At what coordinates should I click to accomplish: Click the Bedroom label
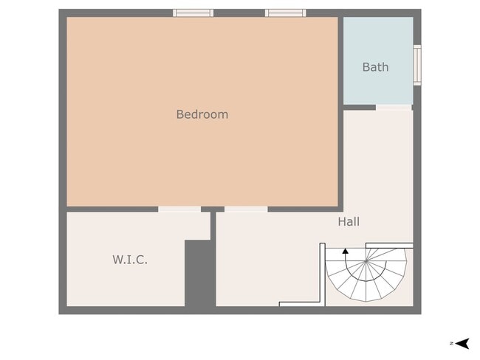(x=202, y=114)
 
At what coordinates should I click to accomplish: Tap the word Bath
(x=375, y=67)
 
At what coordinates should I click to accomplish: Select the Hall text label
(x=349, y=221)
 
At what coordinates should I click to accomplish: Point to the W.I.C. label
(x=130, y=260)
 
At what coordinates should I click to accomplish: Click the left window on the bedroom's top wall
(x=193, y=13)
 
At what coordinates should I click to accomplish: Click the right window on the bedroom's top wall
(x=285, y=13)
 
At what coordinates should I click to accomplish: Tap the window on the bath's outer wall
(x=416, y=65)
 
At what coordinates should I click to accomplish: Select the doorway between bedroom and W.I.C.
(x=179, y=210)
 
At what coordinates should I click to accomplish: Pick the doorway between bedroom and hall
(x=246, y=210)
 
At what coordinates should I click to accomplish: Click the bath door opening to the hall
(x=393, y=108)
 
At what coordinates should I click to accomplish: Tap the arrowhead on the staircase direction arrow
(x=345, y=252)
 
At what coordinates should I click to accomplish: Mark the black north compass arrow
(x=463, y=343)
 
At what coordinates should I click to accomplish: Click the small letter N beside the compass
(x=450, y=343)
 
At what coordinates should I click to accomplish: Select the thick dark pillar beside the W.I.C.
(x=199, y=273)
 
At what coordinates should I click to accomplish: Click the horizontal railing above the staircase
(x=389, y=245)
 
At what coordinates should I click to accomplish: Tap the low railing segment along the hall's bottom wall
(x=299, y=303)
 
